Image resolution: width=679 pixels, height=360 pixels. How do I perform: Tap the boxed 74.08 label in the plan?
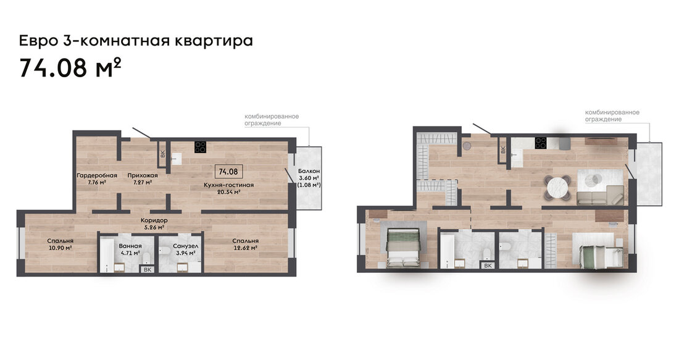point(228,172)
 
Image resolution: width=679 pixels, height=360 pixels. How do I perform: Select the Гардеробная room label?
point(97,175)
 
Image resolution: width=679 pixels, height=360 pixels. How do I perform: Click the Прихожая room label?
point(143,175)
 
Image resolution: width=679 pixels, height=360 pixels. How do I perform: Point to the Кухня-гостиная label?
point(228,185)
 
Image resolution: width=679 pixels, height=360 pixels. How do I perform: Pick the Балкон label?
point(309,171)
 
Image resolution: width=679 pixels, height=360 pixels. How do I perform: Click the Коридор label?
point(154,220)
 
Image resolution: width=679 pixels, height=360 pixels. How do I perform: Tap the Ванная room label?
point(130,246)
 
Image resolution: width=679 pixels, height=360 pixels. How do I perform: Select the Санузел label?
point(185,246)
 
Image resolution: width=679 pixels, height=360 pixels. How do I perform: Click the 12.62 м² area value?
point(245,248)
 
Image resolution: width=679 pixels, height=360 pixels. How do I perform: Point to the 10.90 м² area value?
point(60,248)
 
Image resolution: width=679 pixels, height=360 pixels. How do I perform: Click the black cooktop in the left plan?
point(200,147)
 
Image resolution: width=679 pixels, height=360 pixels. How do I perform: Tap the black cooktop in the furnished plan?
point(541,143)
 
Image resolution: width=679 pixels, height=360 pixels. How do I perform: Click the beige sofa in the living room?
point(600,195)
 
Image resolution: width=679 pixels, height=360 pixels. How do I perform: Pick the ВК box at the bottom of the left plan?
point(148,269)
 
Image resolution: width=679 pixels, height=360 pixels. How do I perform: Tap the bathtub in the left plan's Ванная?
point(107,255)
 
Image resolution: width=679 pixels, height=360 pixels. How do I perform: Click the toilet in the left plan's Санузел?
point(164,251)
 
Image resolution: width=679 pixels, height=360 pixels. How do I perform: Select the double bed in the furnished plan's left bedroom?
point(404,247)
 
